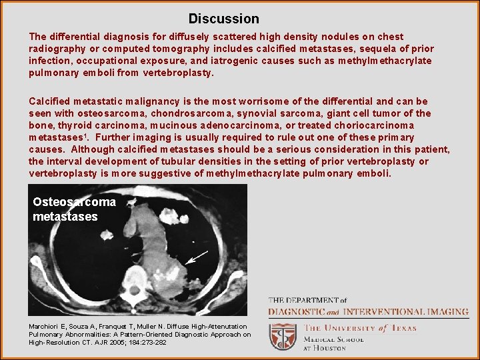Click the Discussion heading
click(x=223, y=19)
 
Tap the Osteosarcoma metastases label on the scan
click(x=73, y=209)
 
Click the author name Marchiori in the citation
click(x=46, y=326)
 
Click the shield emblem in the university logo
click(x=283, y=337)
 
